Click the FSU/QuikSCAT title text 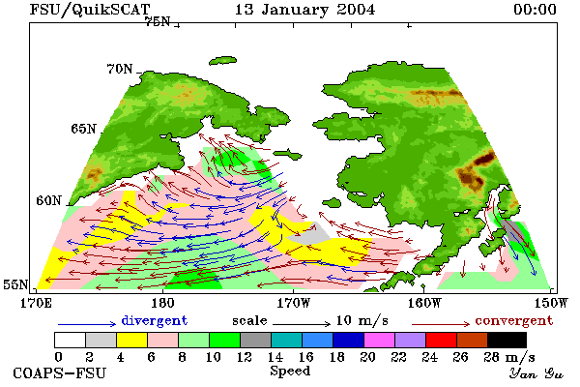pyautogui.click(x=90, y=10)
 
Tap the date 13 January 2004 pyautogui.click(x=304, y=10)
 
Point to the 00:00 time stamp pyautogui.click(x=535, y=10)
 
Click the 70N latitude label pyautogui.click(x=120, y=69)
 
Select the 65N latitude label pyautogui.click(x=83, y=129)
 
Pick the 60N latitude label pyautogui.click(x=48, y=200)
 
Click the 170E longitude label pyautogui.click(x=36, y=303)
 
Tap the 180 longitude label pyautogui.click(x=162, y=303)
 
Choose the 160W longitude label pyautogui.click(x=425, y=303)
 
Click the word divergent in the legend pyautogui.click(x=155, y=320)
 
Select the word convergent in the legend pyautogui.click(x=514, y=320)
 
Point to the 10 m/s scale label pyautogui.click(x=362, y=320)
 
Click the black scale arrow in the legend pyautogui.click(x=302, y=324)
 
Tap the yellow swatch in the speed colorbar pyautogui.click(x=132, y=340)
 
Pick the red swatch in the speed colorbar pyautogui.click(x=441, y=340)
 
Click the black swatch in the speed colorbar pyautogui.click(x=507, y=340)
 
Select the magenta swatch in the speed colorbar pyautogui.click(x=379, y=340)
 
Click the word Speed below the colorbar pyautogui.click(x=290, y=372)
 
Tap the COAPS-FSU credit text pyautogui.click(x=60, y=372)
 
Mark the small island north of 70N pyautogui.click(x=222, y=60)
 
